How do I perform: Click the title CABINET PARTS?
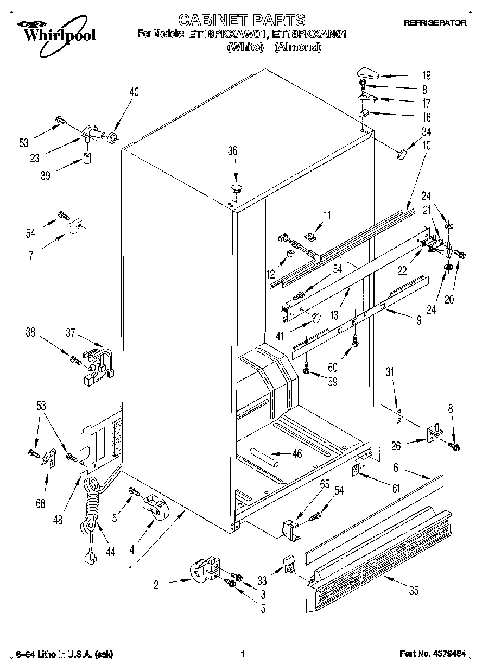(x=242, y=21)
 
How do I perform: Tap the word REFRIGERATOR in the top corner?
(x=436, y=23)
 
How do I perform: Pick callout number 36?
(x=232, y=151)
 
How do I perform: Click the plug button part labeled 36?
(x=236, y=188)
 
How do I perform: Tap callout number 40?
(x=134, y=92)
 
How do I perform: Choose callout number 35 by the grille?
(x=414, y=592)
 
